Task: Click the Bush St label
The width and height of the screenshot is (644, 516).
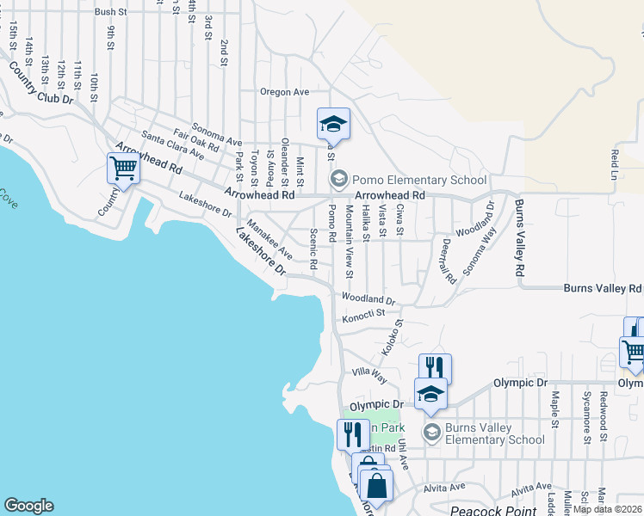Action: click(x=111, y=12)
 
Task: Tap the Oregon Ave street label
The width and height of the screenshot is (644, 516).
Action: click(x=285, y=92)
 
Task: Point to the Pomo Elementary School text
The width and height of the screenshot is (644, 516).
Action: click(x=412, y=180)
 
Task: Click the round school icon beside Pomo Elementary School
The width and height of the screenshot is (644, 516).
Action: click(x=338, y=180)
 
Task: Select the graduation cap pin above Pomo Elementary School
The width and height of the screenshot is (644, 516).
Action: click(x=333, y=124)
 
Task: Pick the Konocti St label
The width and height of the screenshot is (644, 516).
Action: click(x=364, y=317)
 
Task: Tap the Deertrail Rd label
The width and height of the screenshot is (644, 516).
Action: click(x=445, y=261)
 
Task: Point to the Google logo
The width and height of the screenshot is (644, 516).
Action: click(x=28, y=506)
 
